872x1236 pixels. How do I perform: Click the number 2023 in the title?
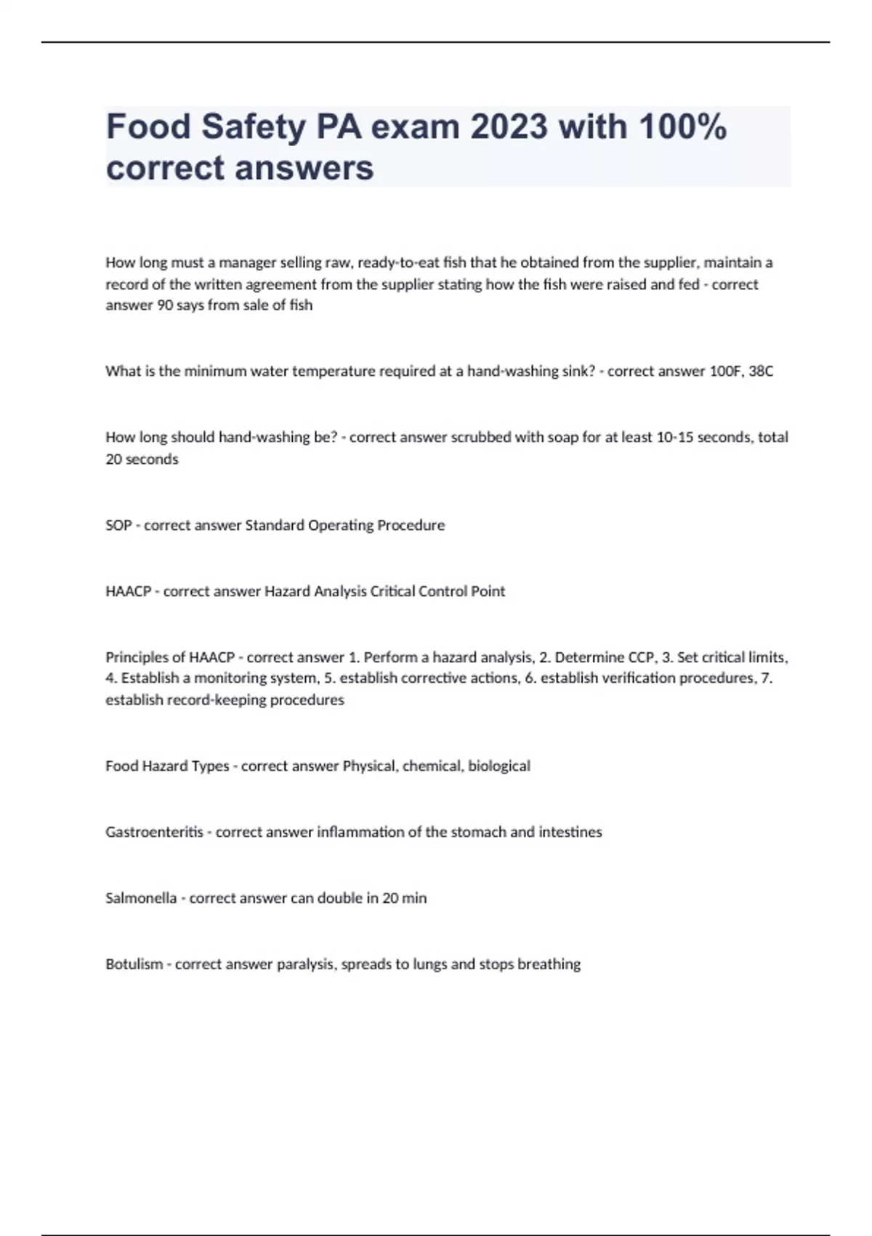click(509, 127)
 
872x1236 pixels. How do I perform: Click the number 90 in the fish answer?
click(165, 305)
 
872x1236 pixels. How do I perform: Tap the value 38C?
click(761, 372)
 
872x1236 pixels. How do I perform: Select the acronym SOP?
click(118, 526)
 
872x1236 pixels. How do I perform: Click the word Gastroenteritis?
click(154, 832)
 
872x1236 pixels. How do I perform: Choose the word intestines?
click(570, 832)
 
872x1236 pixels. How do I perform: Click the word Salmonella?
click(141, 899)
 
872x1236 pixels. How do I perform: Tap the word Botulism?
click(134, 965)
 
